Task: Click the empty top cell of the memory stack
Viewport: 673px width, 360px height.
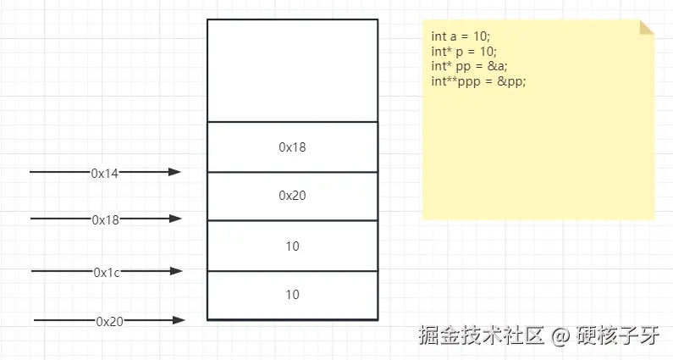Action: point(292,70)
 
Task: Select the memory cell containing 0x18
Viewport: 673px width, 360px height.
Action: point(292,147)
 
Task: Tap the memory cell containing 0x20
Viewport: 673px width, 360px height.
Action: point(292,196)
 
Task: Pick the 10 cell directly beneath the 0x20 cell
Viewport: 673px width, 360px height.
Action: point(292,246)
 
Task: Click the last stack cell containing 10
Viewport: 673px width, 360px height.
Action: point(292,295)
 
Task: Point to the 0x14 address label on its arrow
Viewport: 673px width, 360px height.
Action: point(105,173)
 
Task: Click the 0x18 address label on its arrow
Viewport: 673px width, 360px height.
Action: point(106,219)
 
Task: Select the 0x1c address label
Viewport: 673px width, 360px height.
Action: point(107,272)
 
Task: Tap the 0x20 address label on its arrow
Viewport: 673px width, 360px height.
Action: point(109,321)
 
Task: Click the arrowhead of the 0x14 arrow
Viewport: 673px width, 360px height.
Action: point(175,172)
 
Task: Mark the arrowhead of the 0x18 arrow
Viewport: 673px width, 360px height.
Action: point(176,219)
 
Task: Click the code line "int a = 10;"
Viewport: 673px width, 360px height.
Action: point(461,37)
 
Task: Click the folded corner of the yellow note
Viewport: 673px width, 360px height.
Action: point(647,27)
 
